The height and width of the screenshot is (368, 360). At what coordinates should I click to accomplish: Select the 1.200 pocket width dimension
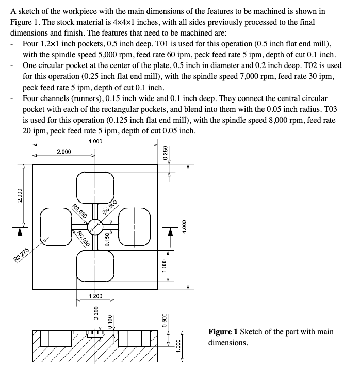pyautogui.click(x=95, y=296)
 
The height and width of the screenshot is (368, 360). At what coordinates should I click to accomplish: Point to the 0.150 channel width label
pyautogui.click(x=107, y=240)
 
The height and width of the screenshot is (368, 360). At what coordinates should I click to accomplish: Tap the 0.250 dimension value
pyautogui.click(x=165, y=154)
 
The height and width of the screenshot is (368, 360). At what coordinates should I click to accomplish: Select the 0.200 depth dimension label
pyautogui.click(x=96, y=312)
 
